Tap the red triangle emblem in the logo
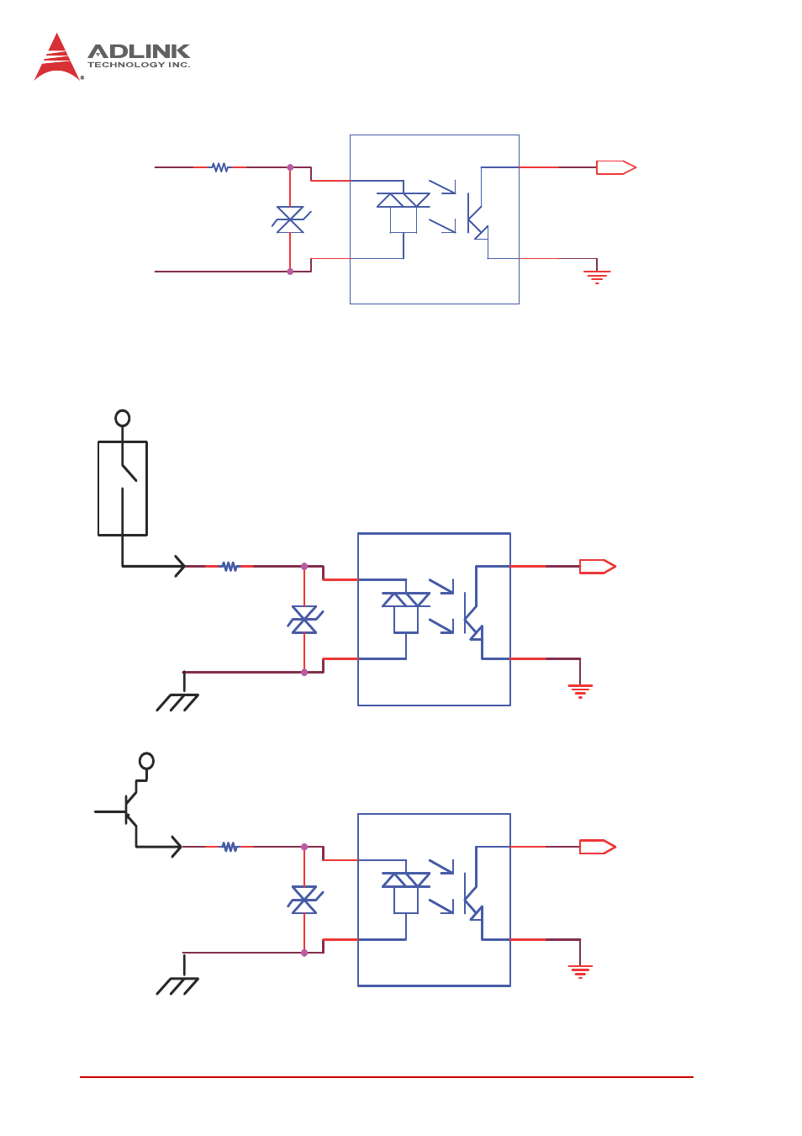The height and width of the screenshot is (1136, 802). (57, 57)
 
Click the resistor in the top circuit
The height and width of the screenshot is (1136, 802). (220, 167)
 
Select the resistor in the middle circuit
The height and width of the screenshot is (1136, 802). (230, 567)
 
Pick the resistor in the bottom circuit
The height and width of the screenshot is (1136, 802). (230, 847)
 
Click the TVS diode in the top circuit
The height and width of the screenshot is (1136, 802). (291, 219)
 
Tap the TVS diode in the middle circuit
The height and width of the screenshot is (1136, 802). (304, 620)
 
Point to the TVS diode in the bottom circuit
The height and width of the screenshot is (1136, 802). (304, 901)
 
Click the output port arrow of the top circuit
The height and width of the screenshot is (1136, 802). (616, 167)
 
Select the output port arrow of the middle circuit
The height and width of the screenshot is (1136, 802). (598, 567)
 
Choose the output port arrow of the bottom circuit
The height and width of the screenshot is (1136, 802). (598, 847)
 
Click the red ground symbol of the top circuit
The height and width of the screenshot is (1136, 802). (597, 277)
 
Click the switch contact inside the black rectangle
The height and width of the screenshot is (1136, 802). (129, 473)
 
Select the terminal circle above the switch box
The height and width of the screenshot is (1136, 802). (123, 419)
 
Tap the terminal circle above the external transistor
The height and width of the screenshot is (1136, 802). (146, 761)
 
